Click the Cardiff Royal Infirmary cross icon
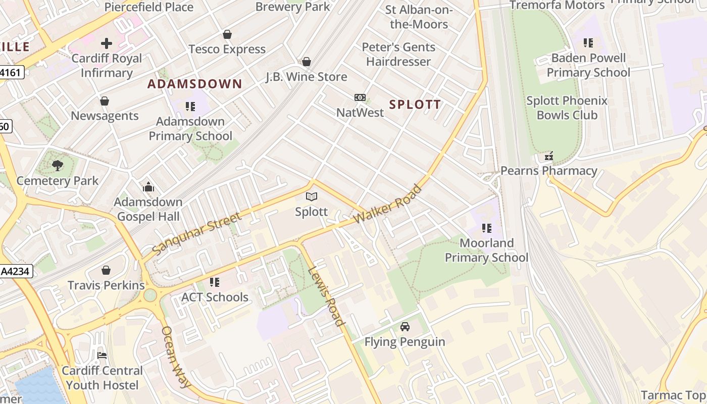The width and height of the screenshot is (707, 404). click(x=107, y=43)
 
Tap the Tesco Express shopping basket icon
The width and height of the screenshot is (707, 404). click(x=227, y=34)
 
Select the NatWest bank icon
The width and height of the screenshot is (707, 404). click(x=360, y=97)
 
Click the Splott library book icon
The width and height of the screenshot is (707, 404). click(x=312, y=197)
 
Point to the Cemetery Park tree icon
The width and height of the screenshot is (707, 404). click(x=58, y=165)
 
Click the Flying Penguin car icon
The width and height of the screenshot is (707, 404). click(x=405, y=327)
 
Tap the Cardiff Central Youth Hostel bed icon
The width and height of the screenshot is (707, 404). click(x=102, y=356)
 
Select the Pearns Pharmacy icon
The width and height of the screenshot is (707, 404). click(x=549, y=157)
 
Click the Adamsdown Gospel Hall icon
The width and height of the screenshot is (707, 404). click(x=148, y=187)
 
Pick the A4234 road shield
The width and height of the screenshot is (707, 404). click(x=16, y=272)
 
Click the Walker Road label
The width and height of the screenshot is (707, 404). click(x=388, y=205)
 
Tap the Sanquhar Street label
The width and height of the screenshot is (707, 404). click(x=196, y=234)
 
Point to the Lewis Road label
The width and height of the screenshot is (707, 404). click(x=326, y=296)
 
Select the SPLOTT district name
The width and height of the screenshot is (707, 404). click(x=415, y=105)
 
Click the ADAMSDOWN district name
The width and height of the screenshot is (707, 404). click(x=195, y=84)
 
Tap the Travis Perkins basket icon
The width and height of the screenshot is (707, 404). click(x=106, y=271)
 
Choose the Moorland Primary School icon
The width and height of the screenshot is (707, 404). click(x=487, y=228)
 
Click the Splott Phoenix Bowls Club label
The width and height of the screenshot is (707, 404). click(x=567, y=108)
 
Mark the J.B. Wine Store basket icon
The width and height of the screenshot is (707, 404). click(x=307, y=62)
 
